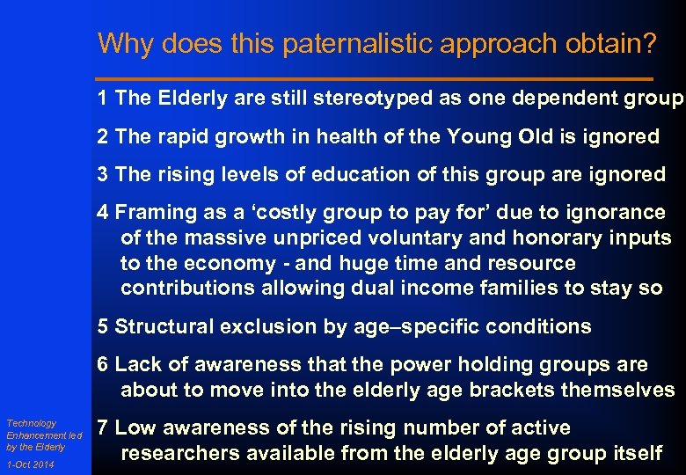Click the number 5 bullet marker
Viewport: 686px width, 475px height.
(104, 326)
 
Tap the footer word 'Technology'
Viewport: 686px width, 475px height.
(31, 423)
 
